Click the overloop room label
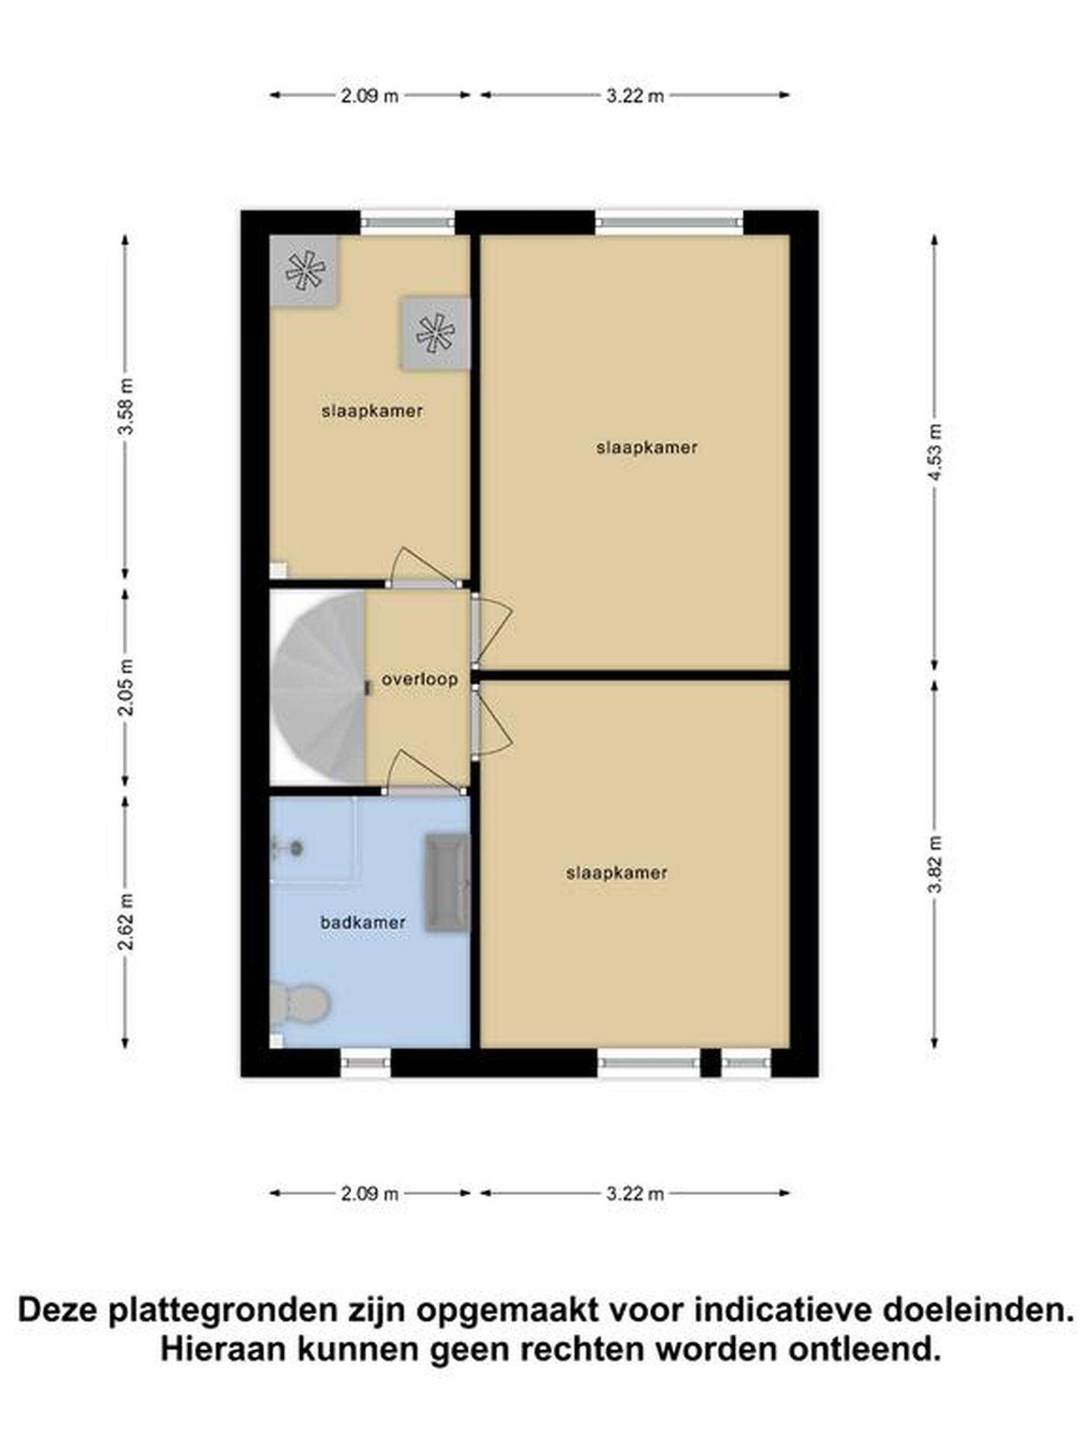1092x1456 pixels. point(419,679)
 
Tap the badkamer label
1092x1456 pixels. point(363,922)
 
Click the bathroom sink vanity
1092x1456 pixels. point(447,883)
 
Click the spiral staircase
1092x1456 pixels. point(318,688)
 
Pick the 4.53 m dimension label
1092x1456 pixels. point(934,452)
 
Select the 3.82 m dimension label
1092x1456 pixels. point(934,863)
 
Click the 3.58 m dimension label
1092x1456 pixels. point(126,406)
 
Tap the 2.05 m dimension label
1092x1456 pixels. point(126,687)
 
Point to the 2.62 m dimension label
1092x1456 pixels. point(126,921)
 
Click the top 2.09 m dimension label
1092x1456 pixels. point(369,96)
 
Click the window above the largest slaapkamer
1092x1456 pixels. point(669,223)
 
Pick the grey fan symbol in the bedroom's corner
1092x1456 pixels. point(305,271)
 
